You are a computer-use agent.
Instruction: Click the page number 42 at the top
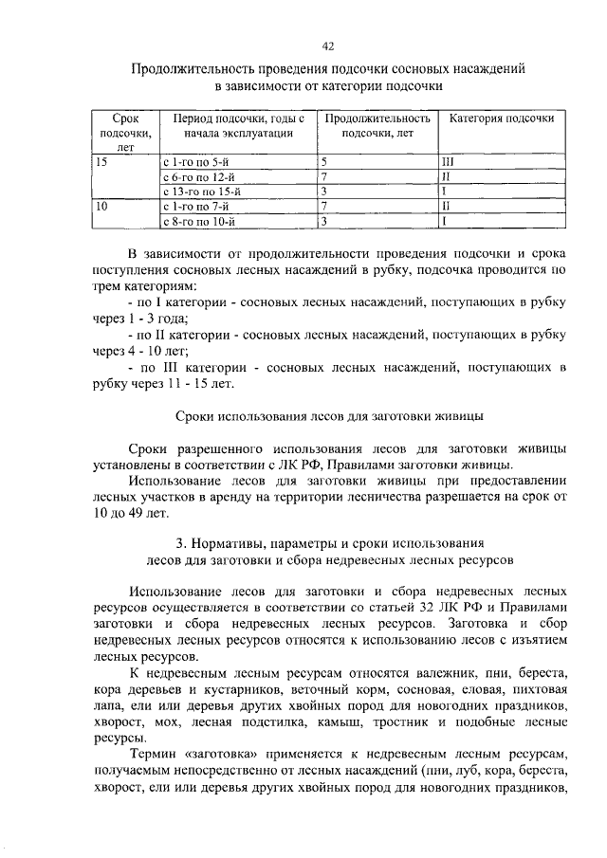point(328,46)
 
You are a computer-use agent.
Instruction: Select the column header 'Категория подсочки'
point(501,119)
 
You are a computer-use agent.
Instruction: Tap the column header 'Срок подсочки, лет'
point(125,134)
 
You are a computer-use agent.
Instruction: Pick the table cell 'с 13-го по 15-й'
point(202,190)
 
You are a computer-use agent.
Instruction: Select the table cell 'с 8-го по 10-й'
point(199,221)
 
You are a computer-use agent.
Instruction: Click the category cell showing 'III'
point(449,162)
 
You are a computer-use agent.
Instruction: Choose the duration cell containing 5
point(324,162)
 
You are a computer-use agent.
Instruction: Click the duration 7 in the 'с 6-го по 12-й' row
point(324,176)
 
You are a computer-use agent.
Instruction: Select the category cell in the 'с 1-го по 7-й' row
point(447,205)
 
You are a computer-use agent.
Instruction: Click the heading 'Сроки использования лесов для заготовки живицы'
point(330,416)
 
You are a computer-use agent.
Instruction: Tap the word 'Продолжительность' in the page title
point(192,69)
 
